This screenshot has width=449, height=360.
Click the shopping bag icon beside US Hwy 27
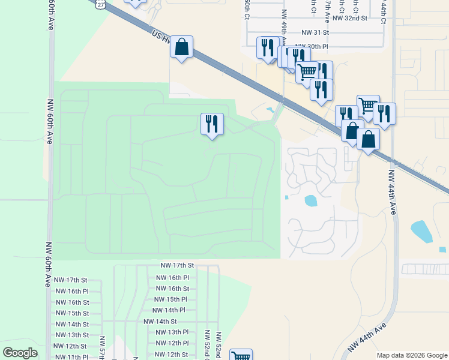tap(181, 47)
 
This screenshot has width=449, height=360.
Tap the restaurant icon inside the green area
tap(212, 124)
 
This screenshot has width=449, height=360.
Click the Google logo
tap(20, 353)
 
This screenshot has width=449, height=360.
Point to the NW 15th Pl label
tap(171, 299)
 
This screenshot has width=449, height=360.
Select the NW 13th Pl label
tap(172, 332)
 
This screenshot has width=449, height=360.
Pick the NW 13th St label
tap(71, 335)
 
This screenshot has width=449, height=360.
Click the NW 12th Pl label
tap(172, 343)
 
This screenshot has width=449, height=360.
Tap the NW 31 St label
tap(316, 32)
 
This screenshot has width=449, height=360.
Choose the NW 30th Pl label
tap(316, 46)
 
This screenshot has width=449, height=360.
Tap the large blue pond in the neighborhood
tap(311, 200)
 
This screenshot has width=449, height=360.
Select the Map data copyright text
tap(412, 355)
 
